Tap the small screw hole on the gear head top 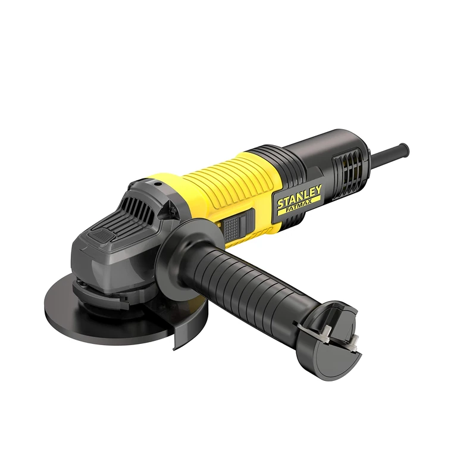tap(157, 185)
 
